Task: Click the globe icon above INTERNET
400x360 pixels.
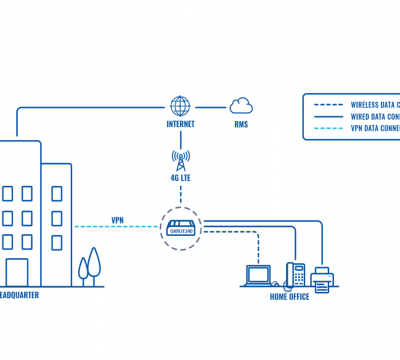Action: pos(181,105)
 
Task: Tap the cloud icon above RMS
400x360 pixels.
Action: pos(241,105)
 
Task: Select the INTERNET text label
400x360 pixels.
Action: pos(181,126)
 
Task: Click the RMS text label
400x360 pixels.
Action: pos(241,126)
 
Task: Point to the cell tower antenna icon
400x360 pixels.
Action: pos(181,159)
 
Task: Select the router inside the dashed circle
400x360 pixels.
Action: pos(181,227)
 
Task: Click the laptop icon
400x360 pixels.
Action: pos(260,274)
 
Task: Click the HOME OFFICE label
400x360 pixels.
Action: pos(290,296)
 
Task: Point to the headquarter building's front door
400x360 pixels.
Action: pos(17,272)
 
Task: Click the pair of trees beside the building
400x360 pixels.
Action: pos(92,265)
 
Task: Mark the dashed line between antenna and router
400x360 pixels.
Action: pos(181,197)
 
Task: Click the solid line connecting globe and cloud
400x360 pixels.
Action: pos(212,105)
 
